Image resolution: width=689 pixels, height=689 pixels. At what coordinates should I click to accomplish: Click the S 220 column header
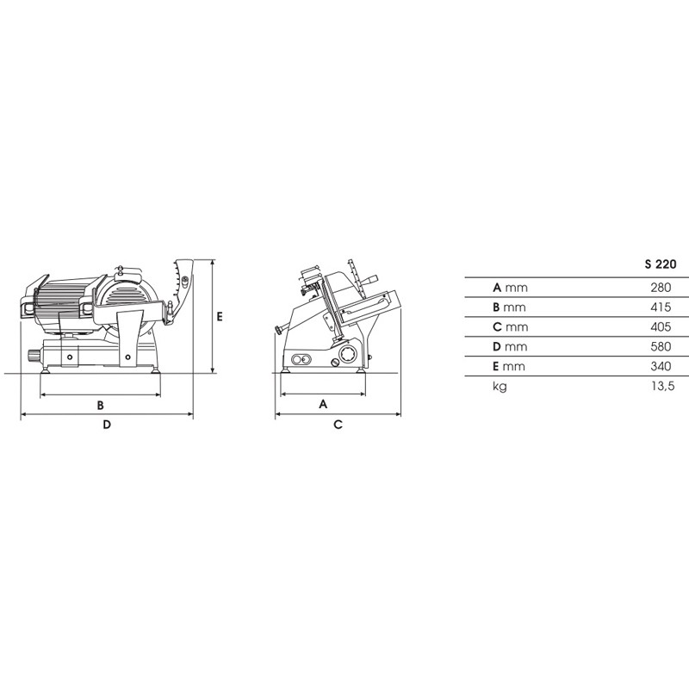tap(661, 264)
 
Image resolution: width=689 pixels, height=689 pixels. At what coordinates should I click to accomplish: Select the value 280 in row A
tap(661, 288)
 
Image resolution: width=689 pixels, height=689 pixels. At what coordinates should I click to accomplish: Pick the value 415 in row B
tap(661, 307)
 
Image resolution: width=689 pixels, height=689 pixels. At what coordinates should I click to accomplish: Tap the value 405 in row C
tap(661, 327)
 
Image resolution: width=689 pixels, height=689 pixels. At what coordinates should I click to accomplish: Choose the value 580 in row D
tap(661, 347)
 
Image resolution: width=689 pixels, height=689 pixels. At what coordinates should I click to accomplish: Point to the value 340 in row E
tap(661, 366)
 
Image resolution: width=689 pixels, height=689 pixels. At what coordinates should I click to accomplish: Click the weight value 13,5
tap(662, 386)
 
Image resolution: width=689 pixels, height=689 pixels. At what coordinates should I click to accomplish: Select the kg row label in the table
tap(500, 387)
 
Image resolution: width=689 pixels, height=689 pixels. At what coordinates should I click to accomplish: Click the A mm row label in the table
tap(510, 288)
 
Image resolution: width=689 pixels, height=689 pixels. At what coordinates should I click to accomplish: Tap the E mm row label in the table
tap(509, 367)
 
